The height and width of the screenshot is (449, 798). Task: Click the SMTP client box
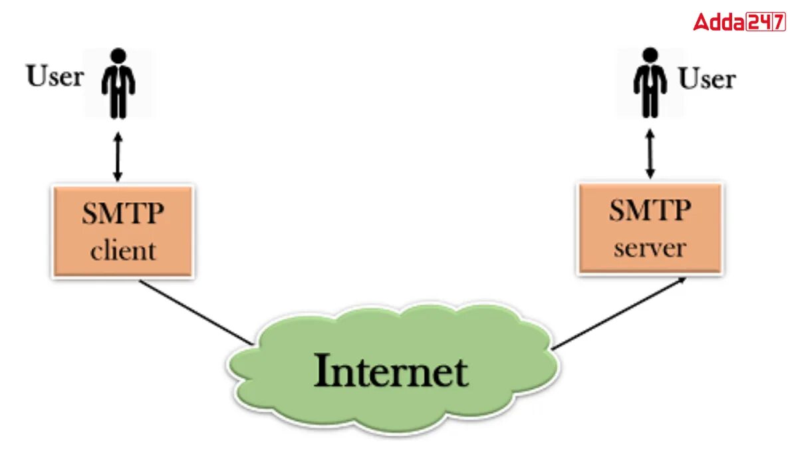coord(123,230)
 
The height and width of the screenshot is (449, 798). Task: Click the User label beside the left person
coord(55,76)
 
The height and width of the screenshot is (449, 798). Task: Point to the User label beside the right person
coord(706,79)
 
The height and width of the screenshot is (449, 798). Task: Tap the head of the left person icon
coord(118,55)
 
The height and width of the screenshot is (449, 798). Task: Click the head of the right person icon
coord(650,55)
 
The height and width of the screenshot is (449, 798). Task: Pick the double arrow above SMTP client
coord(118,156)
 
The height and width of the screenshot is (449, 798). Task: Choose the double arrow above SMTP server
coord(650,154)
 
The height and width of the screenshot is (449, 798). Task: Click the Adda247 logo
coord(739,22)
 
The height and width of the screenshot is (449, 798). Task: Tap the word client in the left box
coord(123,251)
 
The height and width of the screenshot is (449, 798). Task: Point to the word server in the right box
coord(650,248)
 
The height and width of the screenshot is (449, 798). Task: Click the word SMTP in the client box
coord(123,214)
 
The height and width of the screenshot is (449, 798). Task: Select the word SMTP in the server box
coord(650,212)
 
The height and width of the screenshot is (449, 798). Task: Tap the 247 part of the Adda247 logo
coord(765,22)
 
